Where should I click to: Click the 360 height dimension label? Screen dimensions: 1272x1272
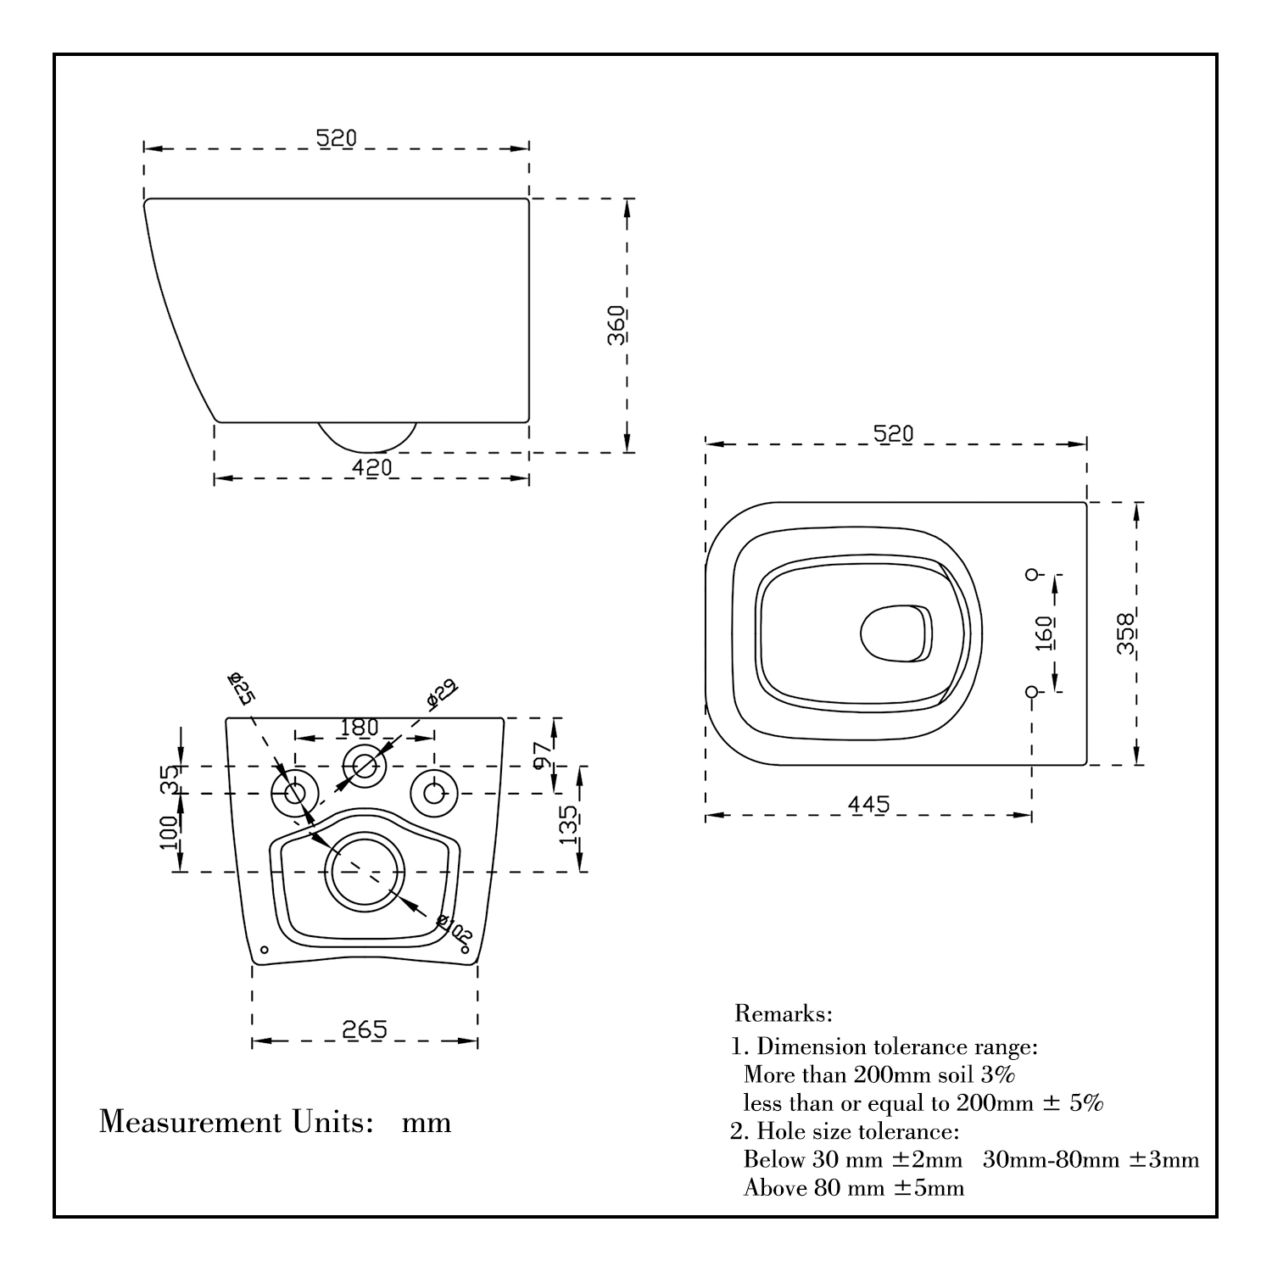pyautogui.click(x=616, y=325)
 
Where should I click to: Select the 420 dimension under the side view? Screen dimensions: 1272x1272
pyautogui.click(x=372, y=467)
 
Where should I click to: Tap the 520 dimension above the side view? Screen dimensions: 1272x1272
pyautogui.click(x=337, y=137)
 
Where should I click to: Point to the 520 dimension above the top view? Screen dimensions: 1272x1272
pyautogui.click(x=894, y=433)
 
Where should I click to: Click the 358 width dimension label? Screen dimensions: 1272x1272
pyautogui.click(x=1126, y=633)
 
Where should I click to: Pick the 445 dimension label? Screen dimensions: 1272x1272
pyautogui.click(x=869, y=804)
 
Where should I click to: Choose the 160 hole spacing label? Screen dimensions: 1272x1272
pyautogui.click(x=1045, y=633)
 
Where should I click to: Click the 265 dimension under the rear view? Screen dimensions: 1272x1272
pyautogui.click(x=365, y=1029)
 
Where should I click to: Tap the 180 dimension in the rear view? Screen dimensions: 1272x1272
pyautogui.click(x=359, y=728)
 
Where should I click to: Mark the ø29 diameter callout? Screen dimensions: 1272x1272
pyautogui.click(x=441, y=693)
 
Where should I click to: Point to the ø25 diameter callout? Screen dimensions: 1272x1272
pyautogui.click(x=242, y=688)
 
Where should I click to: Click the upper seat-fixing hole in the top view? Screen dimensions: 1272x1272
pyautogui.click(x=1032, y=574)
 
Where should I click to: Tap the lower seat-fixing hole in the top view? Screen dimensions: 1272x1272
pyautogui.click(x=1032, y=692)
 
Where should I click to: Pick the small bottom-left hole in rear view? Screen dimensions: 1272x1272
pyautogui.click(x=264, y=950)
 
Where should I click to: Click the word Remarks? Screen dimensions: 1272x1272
pyautogui.click(x=783, y=1013)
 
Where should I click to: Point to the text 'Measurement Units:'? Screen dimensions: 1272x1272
pyautogui.click(x=237, y=1122)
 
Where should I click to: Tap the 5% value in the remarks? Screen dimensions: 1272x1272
pyautogui.click(x=1085, y=1103)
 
